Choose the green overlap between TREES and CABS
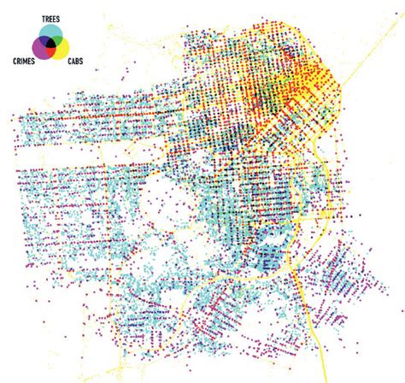tap(58, 39)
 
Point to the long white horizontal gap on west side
tap(60, 158)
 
